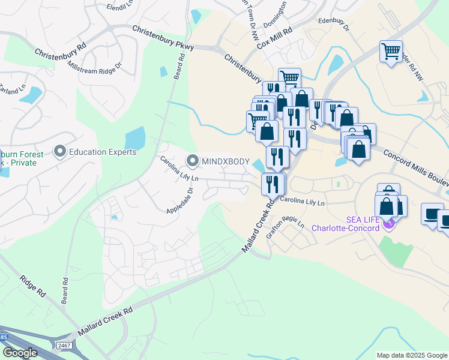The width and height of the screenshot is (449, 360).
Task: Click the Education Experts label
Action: [103, 152]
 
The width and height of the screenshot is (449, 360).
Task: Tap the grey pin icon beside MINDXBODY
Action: [193, 160]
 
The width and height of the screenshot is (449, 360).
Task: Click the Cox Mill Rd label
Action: [274, 37]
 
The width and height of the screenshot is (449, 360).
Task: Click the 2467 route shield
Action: [64, 346]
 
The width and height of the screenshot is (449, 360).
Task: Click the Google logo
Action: [20, 353]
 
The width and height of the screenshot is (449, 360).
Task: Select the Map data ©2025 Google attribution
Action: [411, 355]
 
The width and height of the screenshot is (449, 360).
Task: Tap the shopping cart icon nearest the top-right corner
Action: [391, 52]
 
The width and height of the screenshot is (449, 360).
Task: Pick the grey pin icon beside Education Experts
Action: [60, 152]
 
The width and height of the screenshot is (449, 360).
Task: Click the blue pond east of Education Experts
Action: [135, 139]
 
